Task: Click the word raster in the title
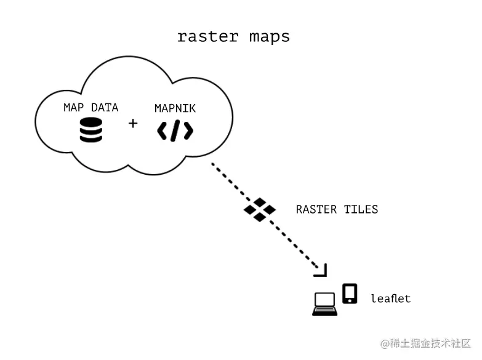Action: click(x=207, y=36)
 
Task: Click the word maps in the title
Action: click(x=269, y=37)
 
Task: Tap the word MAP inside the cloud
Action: click(x=74, y=108)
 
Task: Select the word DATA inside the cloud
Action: click(x=105, y=108)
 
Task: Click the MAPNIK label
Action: click(x=175, y=108)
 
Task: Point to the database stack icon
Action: click(x=91, y=130)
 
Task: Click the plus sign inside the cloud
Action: click(x=133, y=124)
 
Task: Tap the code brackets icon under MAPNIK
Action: click(x=175, y=130)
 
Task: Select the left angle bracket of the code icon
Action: click(x=162, y=130)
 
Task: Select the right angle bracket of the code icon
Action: click(x=188, y=130)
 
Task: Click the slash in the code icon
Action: click(x=175, y=130)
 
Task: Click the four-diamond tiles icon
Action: click(x=259, y=209)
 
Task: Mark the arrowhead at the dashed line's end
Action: click(x=321, y=270)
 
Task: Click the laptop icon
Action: click(x=324, y=304)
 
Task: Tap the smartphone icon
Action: click(x=350, y=294)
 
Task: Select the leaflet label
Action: click(x=390, y=298)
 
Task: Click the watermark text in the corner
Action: click(x=426, y=343)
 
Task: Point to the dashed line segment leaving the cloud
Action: click(x=227, y=177)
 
